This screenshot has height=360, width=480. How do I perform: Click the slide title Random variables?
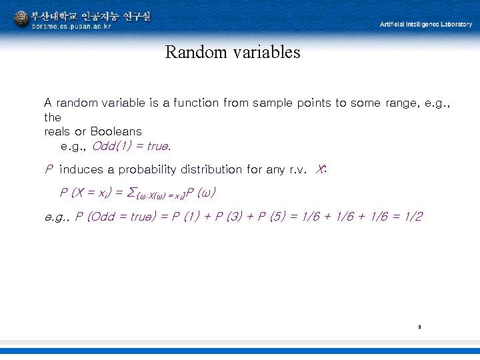(233, 52)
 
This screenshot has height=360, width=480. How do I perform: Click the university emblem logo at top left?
(21, 19)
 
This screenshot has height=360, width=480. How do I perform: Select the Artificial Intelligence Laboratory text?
(425, 24)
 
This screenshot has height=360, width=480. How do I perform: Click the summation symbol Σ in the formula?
(130, 193)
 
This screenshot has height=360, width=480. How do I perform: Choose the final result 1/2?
(411, 217)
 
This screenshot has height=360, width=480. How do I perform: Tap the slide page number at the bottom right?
(419, 327)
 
